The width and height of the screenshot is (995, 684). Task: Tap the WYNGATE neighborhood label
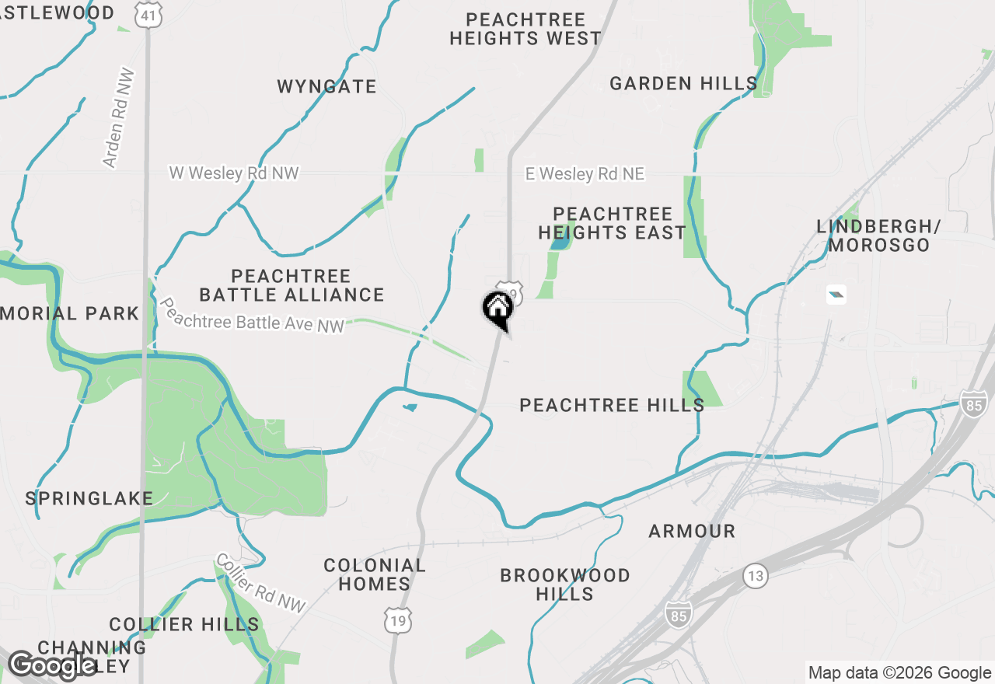click(326, 86)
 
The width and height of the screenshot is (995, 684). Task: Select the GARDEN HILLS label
click(683, 83)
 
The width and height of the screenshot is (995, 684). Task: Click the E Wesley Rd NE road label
click(585, 174)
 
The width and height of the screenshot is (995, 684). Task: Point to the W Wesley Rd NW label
click(234, 173)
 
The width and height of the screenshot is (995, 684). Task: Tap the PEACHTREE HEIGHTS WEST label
click(525, 29)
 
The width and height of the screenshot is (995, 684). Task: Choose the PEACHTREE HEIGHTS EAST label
click(612, 223)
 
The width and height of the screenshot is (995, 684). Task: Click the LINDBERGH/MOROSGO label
click(878, 236)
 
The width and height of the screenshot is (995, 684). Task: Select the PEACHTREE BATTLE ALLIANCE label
click(292, 285)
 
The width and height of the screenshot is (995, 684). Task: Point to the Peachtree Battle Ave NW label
click(251, 316)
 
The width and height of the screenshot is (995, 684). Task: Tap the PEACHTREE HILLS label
click(612, 405)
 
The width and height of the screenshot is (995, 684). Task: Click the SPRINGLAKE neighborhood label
click(89, 498)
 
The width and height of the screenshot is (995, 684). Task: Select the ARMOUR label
click(692, 531)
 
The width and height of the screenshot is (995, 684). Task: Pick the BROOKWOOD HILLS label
click(565, 585)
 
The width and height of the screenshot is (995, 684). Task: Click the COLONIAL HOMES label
click(375, 574)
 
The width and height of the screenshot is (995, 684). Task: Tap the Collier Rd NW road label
click(261, 582)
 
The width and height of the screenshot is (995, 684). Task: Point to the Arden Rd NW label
click(119, 118)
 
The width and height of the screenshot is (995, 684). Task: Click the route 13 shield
click(755, 576)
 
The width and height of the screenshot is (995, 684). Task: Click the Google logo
click(52, 665)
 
